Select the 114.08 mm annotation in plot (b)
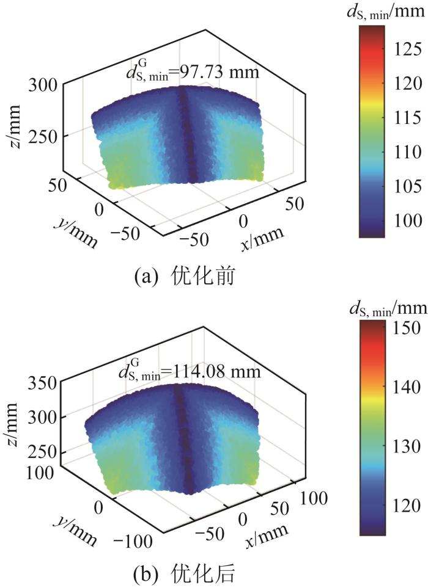(191, 371)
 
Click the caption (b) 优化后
(190, 574)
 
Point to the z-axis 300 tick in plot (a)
(43, 84)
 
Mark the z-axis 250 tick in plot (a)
(43, 137)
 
